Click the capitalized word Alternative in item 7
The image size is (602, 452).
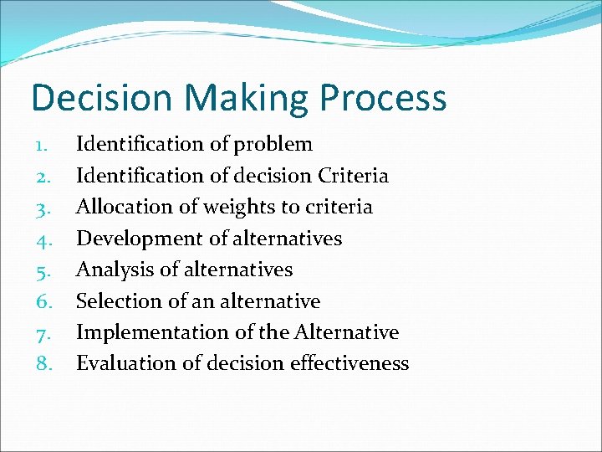[346, 332]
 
